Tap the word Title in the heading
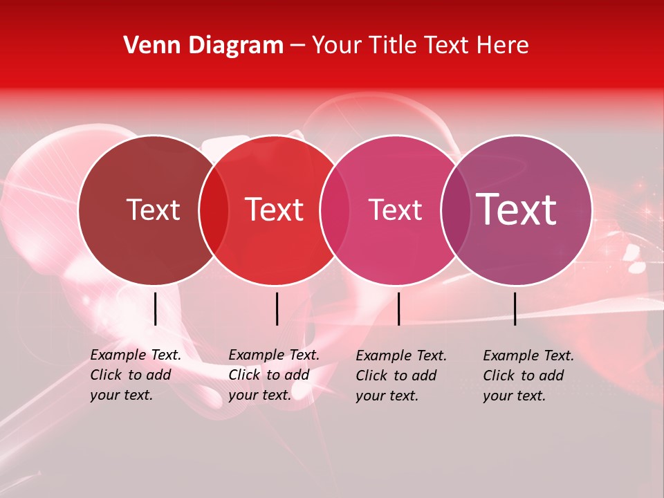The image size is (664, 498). coord(394,46)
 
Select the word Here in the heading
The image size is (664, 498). coord(504,46)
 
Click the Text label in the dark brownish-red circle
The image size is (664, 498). coord(153,210)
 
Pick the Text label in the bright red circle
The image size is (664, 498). coord(274,210)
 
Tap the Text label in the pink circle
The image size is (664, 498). coord(395,210)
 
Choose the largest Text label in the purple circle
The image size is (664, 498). coord(516,210)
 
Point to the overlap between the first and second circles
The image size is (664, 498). coord(214,210)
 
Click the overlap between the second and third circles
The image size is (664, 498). coord(335,210)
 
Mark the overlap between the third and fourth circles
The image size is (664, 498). coord(456,210)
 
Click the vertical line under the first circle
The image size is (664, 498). coord(155,308)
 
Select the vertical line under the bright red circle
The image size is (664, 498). coord(277,308)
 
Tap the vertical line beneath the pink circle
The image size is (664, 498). coord(398,308)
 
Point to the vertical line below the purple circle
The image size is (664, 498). coord(515,308)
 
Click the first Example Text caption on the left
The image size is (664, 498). coord(136,375)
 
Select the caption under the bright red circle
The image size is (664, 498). coord(274,375)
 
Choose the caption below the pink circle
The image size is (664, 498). coord(401,376)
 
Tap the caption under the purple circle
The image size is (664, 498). coord(528,376)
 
